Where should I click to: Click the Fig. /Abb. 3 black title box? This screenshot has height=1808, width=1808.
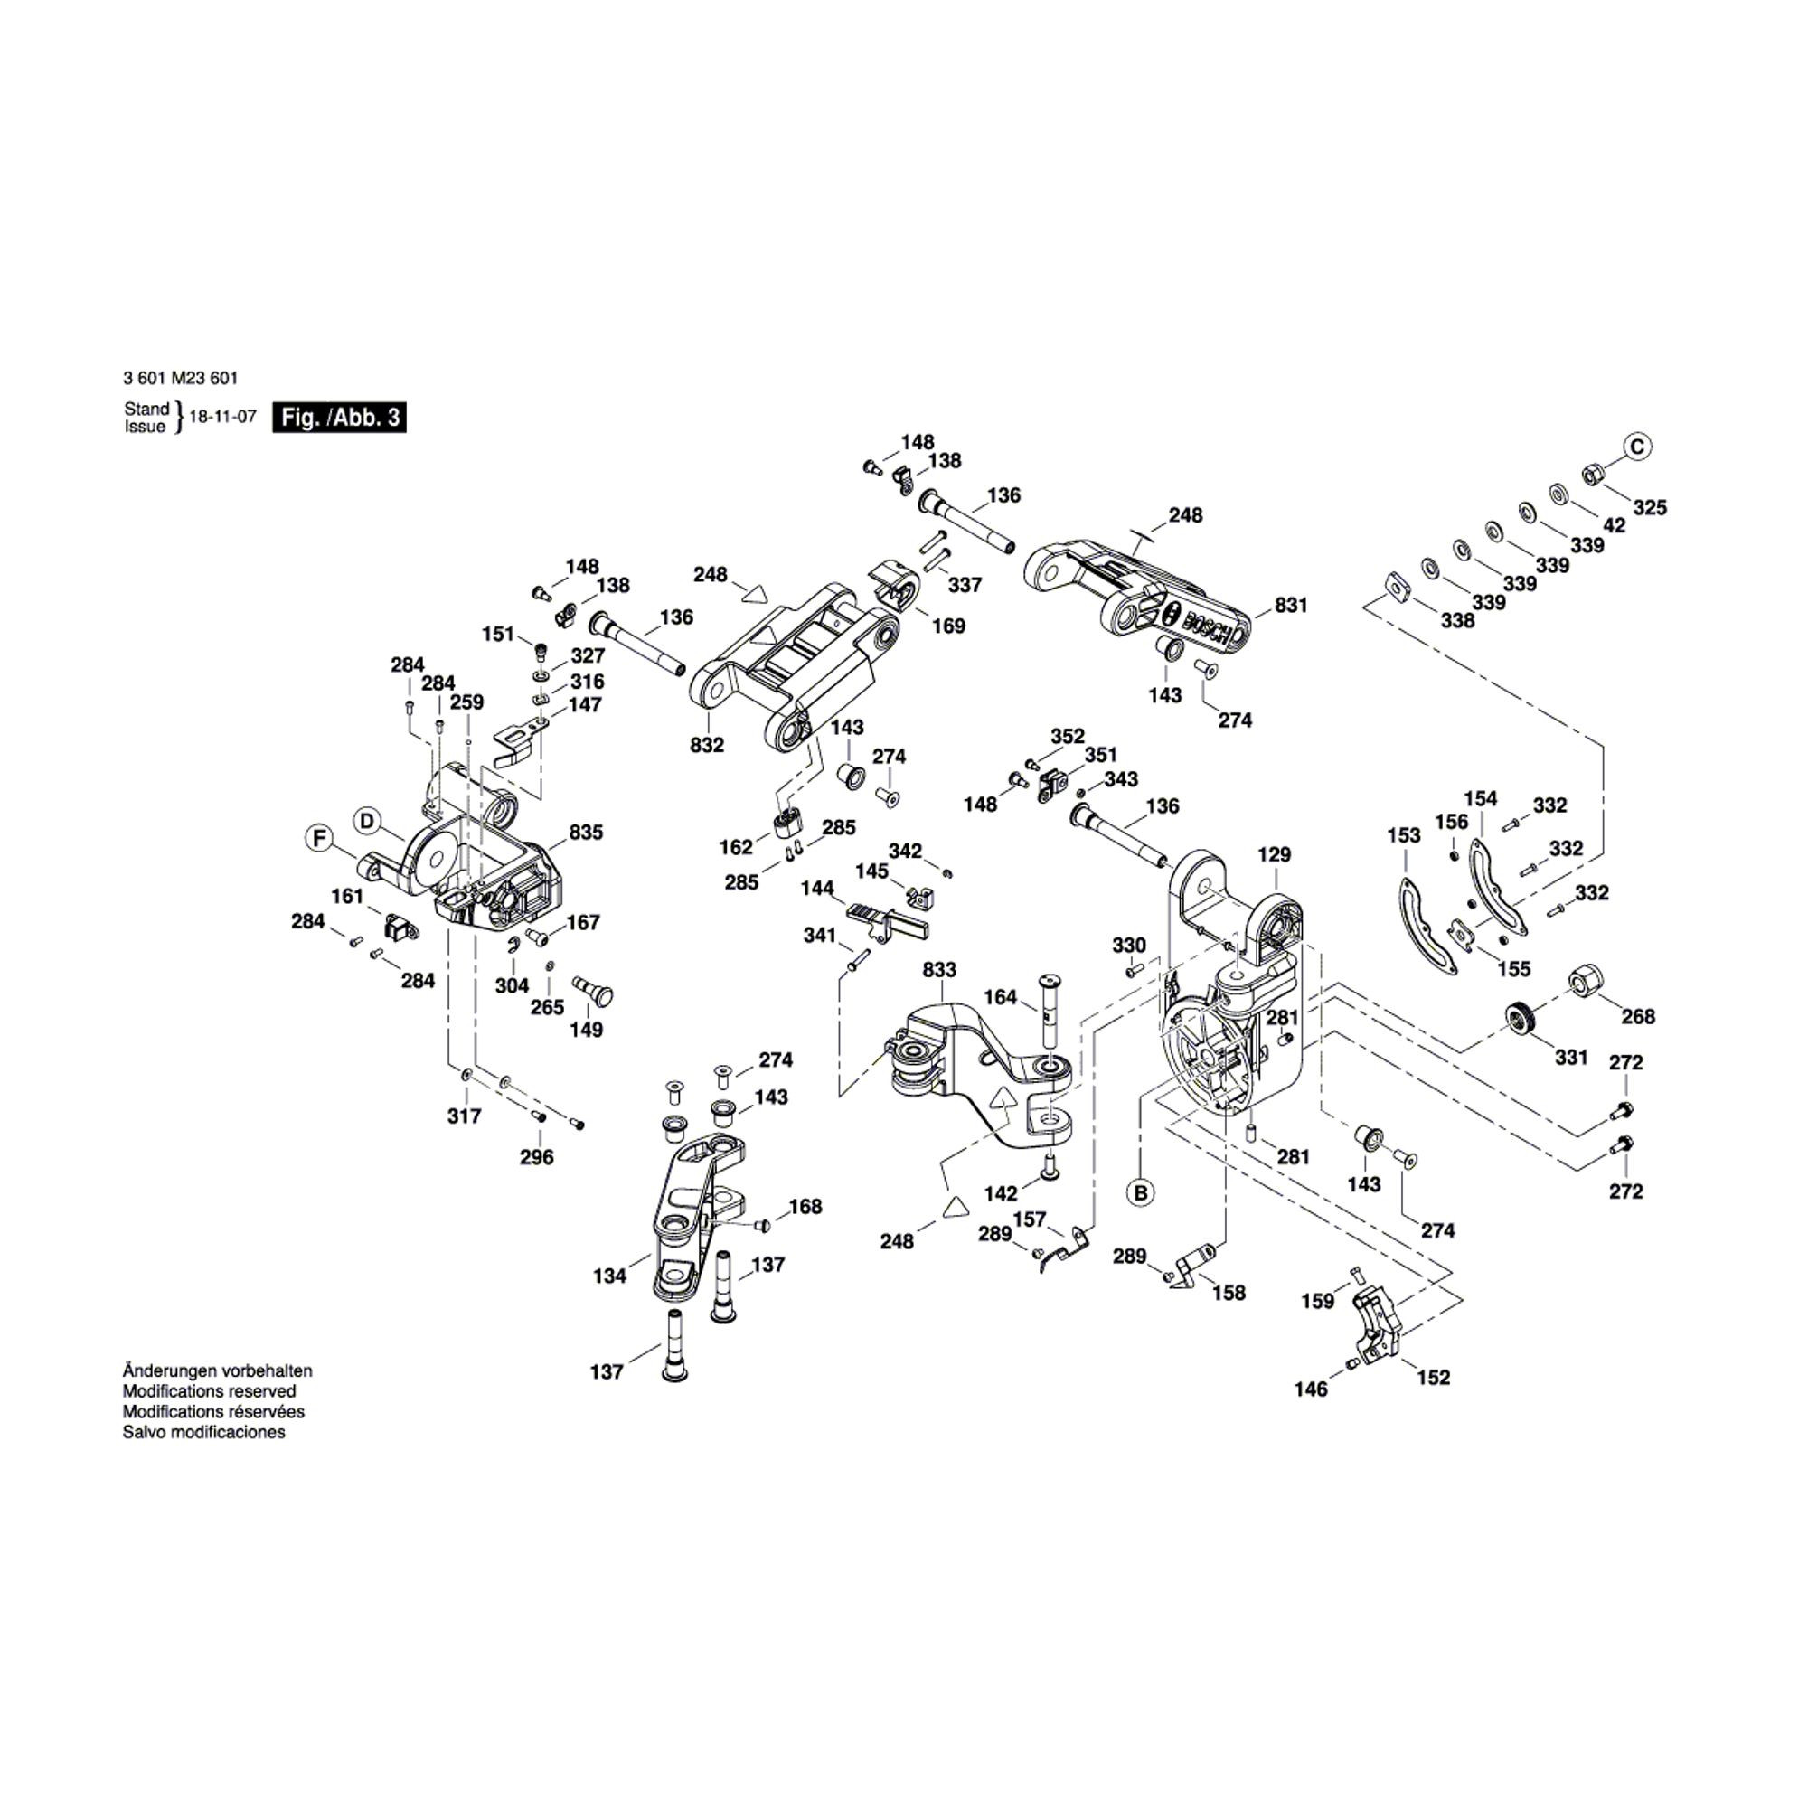click(x=339, y=418)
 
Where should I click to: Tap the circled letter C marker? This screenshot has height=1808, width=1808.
click(x=1637, y=447)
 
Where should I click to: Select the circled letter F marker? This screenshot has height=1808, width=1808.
click(x=321, y=839)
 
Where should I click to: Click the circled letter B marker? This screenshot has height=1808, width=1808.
click(x=1140, y=1193)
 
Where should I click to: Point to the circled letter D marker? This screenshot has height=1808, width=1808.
click(x=367, y=822)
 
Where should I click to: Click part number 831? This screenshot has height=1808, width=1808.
click(x=1292, y=606)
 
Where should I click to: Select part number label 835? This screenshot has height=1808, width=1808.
click(x=586, y=832)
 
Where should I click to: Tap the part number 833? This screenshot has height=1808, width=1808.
click(x=939, y=970)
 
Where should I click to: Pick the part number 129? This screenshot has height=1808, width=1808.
click(x=1275, y=854)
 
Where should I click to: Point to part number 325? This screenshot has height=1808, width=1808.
click(x=1650, y=507)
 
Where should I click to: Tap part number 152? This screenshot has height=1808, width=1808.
click(x=1434, y=1378)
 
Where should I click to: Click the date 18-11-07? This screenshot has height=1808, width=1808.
click(x=222, y=418)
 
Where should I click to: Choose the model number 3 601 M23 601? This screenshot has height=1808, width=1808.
click(x=181, y=378)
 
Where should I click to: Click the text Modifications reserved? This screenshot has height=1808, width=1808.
click(x=210, y=1391)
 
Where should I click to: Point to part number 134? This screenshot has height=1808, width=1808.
click(x=609, y=1276)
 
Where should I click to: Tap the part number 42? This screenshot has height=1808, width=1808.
click(x=1615, y=526)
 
